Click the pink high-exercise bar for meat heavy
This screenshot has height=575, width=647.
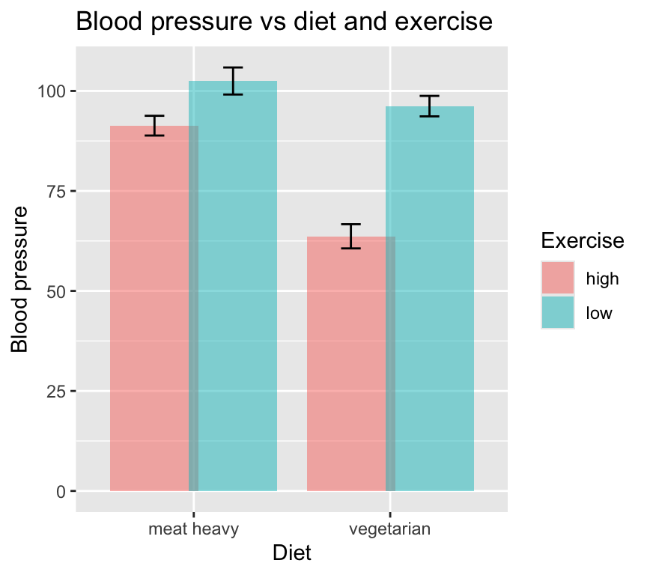150,314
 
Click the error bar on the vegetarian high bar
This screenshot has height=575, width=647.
350,236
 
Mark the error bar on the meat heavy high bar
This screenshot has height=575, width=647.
154,126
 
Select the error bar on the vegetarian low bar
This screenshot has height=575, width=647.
429,106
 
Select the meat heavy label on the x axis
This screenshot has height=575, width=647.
194,530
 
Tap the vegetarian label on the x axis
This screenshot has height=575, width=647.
390,530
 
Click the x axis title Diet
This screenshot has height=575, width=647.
292,554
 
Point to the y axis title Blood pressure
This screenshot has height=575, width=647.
21,278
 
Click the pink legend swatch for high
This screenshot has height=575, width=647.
558,279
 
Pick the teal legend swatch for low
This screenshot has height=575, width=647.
558,312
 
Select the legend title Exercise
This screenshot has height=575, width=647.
583,241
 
